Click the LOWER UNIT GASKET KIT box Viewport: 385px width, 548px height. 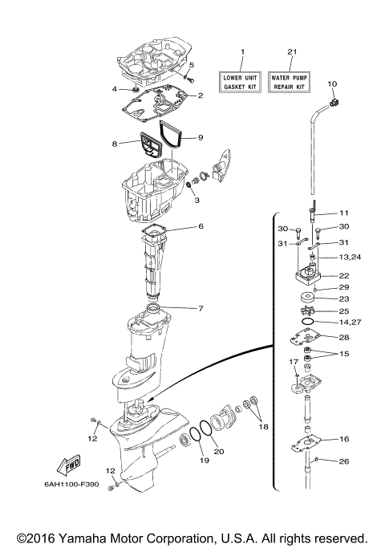click(x=241, y=80)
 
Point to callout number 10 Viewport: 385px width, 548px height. click(x=332, y=84)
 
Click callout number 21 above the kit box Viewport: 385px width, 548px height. click(x=292, y=52)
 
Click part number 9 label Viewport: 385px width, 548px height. click(x=200, y=137)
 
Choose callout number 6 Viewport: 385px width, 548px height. click(x=200, y=227)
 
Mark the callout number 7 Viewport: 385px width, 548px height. click(x=200, y=308)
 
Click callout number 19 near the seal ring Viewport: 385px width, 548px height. click(x=203, y=461)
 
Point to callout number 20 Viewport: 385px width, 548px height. click(x=219, y=451)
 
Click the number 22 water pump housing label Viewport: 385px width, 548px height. click(x=343, y=275)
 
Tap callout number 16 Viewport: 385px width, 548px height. click(x=343, y=440)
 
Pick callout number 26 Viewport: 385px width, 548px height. click(x=343, y=461)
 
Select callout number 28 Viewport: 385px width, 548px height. click(x=343, y=337)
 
